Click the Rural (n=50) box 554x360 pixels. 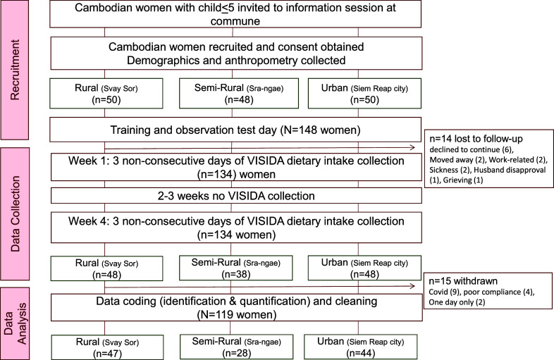[x=104, y=92]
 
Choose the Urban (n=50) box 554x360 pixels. [x=364, y=92]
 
